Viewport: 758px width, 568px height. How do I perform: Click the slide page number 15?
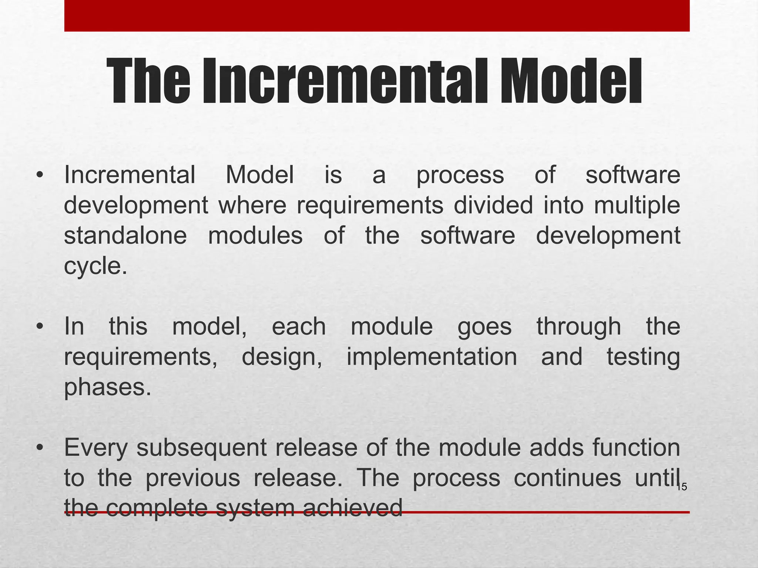(x=682, y=487)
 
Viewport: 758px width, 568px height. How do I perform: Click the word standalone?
(x=125, y=236)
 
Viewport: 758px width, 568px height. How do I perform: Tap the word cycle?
(x=95, y=266)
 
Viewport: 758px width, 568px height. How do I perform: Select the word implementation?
(x=432, y=357)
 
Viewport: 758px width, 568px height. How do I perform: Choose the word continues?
(x=567, y=478)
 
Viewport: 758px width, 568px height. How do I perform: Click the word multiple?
(x=637, y=206)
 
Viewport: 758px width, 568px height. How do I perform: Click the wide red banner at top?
(x=377, y=16)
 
